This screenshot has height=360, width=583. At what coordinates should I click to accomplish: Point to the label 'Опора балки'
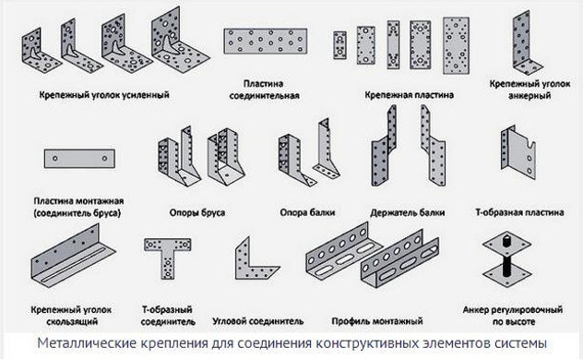point(304,211)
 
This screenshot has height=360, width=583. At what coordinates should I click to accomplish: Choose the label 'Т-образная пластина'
point(519,211)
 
